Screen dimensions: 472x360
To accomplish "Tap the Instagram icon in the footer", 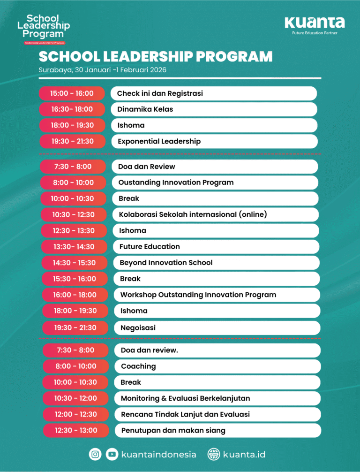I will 95,454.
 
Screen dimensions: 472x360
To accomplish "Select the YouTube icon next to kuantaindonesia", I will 112,454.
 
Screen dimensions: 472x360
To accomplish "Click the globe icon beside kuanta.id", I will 214,454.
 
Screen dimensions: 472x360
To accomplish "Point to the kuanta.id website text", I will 244,454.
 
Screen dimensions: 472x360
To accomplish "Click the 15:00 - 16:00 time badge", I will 72,93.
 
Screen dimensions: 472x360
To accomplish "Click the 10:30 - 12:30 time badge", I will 73,214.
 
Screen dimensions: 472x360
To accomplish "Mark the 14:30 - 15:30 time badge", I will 74,263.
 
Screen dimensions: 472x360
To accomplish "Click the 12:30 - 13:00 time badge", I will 75,430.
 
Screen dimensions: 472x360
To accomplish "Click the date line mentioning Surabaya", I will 103,70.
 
